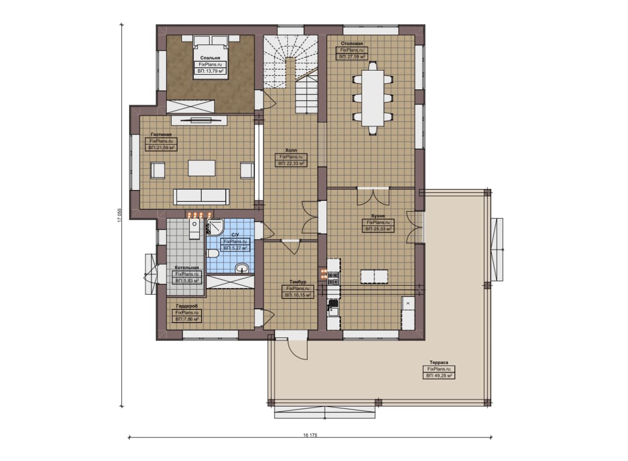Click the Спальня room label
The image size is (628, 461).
click(210, 58)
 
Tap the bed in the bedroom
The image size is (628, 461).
click(210, 57)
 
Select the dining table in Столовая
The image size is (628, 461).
click(372, 98)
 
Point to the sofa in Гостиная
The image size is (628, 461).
click(201, 197)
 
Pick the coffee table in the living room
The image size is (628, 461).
click(202, 168)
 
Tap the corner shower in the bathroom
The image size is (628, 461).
click(215, 227)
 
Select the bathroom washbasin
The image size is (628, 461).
click(242, 268)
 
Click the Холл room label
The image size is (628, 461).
click(291, 150)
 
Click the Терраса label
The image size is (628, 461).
click(439, 362)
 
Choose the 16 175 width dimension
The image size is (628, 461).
click(310, 435)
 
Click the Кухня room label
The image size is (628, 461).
click(378, 216)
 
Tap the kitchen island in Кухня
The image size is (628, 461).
click(374, 277)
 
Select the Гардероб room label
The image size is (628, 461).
click(187, 306)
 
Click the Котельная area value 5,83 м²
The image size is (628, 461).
click(187, 281)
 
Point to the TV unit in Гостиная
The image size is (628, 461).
click(199, 120)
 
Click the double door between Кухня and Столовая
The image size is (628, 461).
click(373, 196)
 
